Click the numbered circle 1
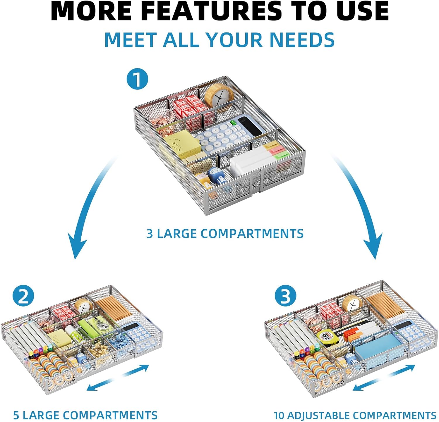(137, 79)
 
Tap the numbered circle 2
(23, 296)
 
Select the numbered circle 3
(286, 296)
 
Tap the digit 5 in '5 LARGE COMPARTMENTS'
(16, 415)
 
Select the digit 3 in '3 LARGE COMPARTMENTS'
(150, 234)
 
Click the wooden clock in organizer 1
(219, 95)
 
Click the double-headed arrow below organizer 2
(118, 378)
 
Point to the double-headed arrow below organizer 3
(384, 378)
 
